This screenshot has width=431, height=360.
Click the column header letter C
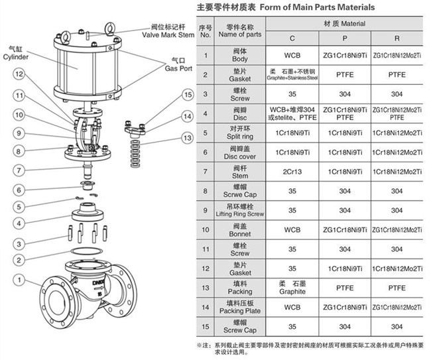292,38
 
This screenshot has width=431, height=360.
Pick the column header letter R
397,38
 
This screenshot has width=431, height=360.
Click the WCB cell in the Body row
292,54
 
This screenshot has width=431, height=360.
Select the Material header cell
344,24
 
